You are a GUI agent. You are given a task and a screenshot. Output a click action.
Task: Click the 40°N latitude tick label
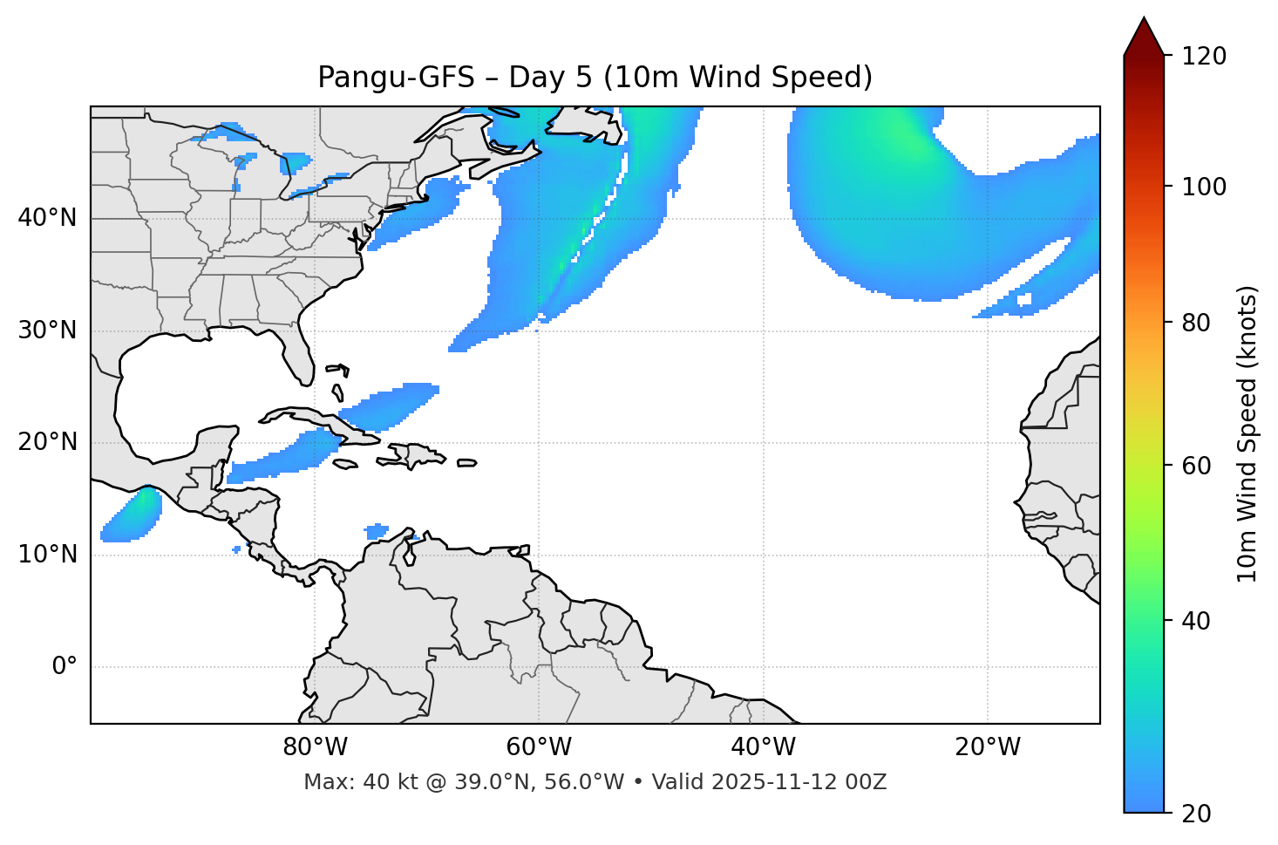[x=47, y=218]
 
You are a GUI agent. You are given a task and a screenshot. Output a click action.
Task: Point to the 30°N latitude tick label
[x=47, y=331]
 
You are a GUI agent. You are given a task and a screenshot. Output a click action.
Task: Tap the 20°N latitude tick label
[x=47, y=442]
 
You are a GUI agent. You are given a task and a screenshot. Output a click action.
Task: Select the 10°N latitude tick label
[x=47, y=555]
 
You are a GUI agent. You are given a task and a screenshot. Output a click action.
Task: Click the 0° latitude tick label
[x=65, y=667]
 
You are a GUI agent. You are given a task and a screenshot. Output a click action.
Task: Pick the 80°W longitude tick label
[x=315, y=747]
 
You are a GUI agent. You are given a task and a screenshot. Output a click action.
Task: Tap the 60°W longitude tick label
[x=539, y=747]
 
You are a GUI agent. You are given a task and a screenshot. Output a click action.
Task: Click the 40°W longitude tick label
[x=763, y=747]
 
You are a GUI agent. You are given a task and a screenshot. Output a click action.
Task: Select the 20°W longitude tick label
[x=987, y=747]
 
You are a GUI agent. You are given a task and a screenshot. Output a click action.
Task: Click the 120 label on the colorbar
[x=1204, y=57]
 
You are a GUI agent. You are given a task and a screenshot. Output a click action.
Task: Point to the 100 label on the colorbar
[x=1204, y=187]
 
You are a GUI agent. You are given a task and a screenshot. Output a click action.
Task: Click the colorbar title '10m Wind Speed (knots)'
[x=1247, y=433]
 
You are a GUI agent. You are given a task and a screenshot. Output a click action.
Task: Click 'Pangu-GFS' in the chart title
[x=395, y=78]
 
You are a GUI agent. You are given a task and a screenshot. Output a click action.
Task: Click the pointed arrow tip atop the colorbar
[x=1144, y=21]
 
